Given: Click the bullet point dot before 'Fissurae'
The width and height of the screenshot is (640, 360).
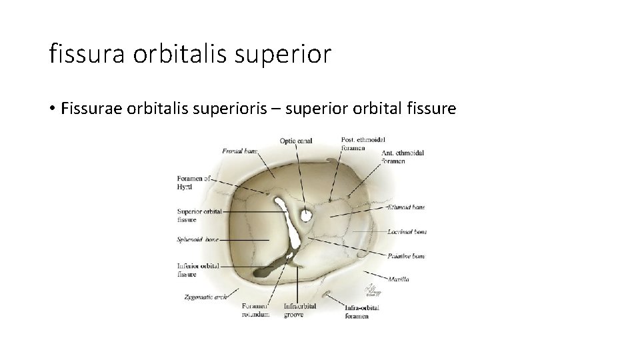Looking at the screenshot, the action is point(52,109).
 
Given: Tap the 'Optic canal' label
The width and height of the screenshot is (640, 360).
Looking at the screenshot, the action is point(296,141).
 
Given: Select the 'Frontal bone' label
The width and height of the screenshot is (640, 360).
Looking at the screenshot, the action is point(240,151).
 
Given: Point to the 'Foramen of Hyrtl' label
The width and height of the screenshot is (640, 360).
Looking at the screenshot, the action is point(193,183).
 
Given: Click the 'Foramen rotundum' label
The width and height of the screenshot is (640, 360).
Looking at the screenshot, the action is point(256,310).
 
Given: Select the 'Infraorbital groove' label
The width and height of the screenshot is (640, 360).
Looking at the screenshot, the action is point(299,310).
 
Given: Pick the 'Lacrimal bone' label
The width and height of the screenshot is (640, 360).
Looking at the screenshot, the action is point(406,232).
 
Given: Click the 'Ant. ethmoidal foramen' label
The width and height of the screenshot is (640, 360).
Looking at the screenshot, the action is point(403,157).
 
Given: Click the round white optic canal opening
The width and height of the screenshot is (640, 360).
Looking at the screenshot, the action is point(306,215).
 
